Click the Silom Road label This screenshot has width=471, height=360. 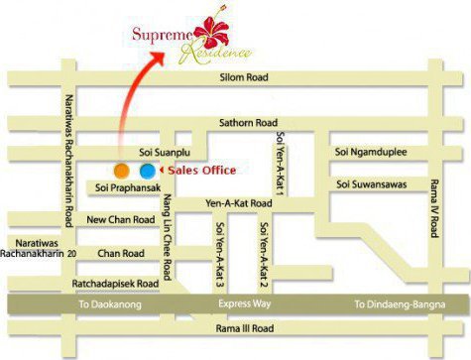(244, 77)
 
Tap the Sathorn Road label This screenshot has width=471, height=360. (247, 123)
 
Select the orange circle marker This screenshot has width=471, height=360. (120, 171)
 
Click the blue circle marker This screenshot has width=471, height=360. (147, 171)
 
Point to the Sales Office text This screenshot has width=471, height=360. (201, 171)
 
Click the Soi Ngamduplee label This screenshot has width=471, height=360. (371, 152)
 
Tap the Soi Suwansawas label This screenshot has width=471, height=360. (374, 184)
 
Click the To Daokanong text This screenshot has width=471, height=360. (109, 305)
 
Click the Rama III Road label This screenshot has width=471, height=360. (244, 328)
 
